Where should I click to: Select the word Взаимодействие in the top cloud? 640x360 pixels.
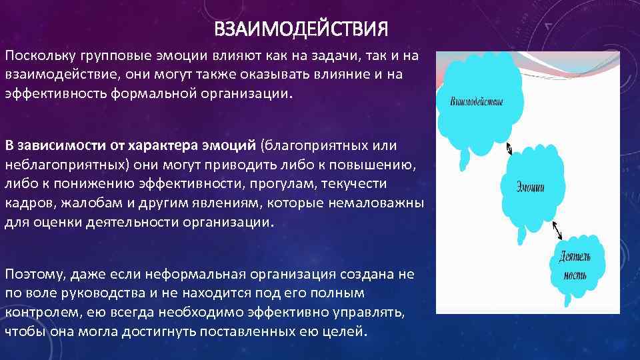click(477, 102)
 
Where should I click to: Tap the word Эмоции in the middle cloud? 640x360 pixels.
click(531, 187)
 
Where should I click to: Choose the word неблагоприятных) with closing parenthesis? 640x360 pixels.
click(66, 164)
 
